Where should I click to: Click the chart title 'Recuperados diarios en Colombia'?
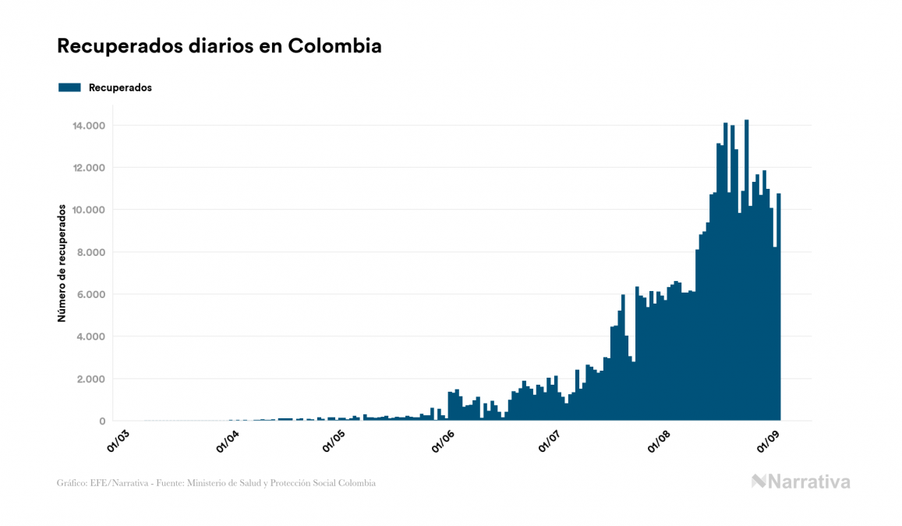point(219,46)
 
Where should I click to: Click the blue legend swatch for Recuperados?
point(69,87)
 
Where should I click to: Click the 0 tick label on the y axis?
point(102,421)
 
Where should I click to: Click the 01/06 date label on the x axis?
point(445,440)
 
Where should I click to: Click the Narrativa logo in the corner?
point(801,482)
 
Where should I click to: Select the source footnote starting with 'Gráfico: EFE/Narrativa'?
point(216,483)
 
